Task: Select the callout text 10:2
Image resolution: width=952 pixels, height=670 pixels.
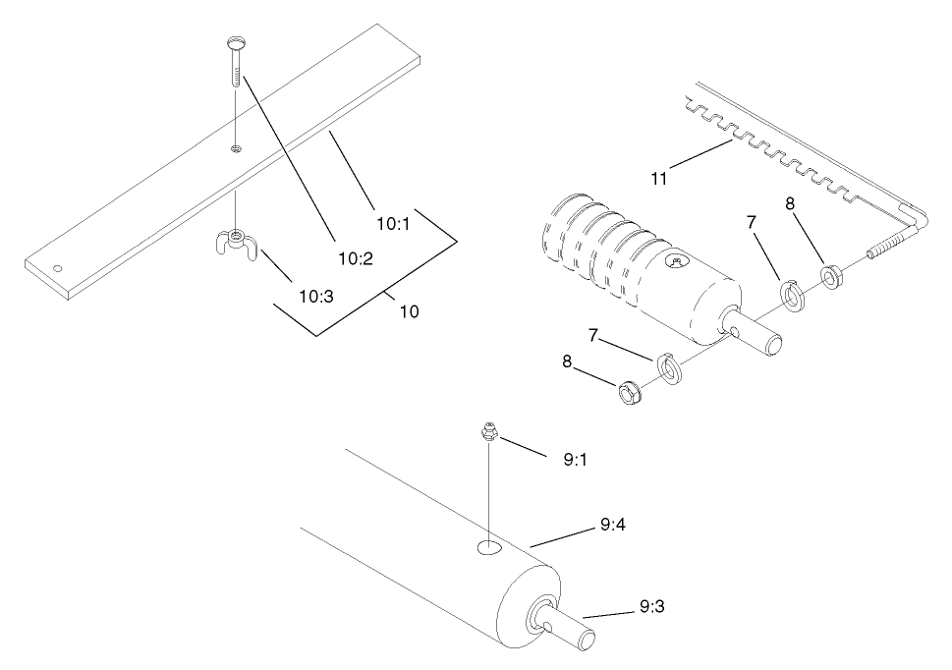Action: point(356,258)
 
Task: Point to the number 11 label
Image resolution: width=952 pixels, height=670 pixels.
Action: point(661,178)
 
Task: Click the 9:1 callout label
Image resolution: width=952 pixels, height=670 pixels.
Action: point(577,459)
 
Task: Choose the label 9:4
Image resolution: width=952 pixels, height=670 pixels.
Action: point(613,526)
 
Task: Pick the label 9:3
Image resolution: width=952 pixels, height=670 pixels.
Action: point(652,607)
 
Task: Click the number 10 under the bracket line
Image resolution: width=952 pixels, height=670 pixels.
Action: point(409,312)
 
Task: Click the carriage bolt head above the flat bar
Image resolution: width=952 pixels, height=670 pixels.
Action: point(236,42)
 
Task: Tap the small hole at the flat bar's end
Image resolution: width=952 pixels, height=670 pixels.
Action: point(58,267)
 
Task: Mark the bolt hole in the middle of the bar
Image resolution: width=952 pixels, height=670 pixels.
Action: point(237,148)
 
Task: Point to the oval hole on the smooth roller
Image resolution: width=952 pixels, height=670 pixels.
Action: point(488,548)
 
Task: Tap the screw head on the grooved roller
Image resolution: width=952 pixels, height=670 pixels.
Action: point(677,261)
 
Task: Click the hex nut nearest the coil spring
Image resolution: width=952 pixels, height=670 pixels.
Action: point(832,276)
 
